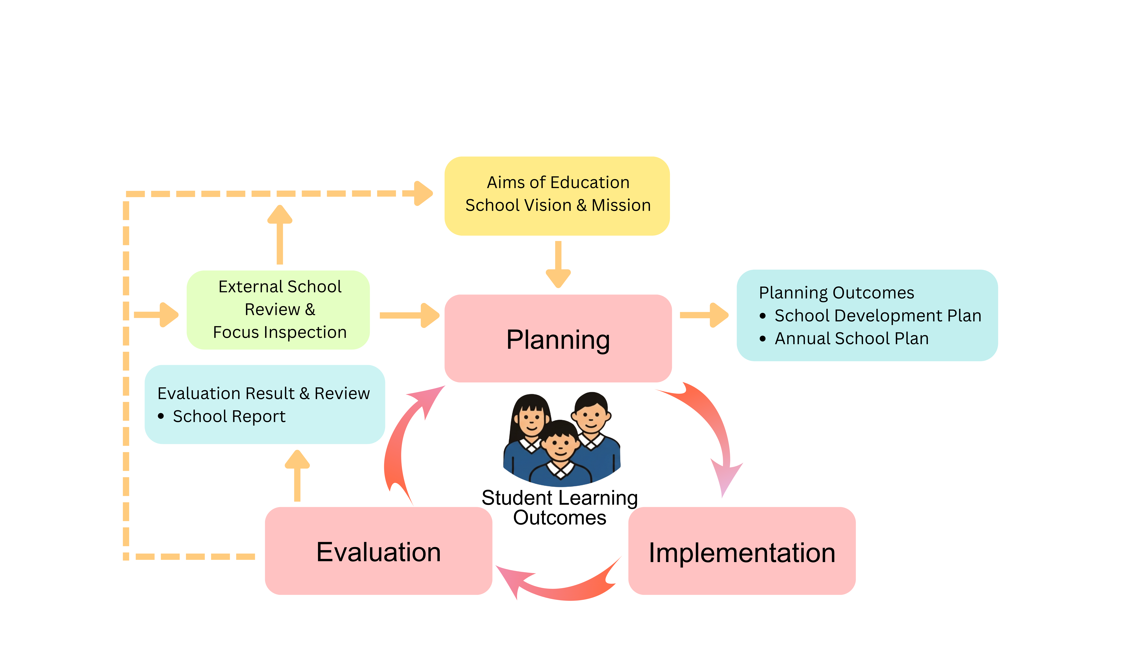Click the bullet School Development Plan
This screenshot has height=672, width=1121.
[878, 316]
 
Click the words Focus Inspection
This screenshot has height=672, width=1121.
[280, 332]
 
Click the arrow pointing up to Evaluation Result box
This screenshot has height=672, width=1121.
[297, 475]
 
